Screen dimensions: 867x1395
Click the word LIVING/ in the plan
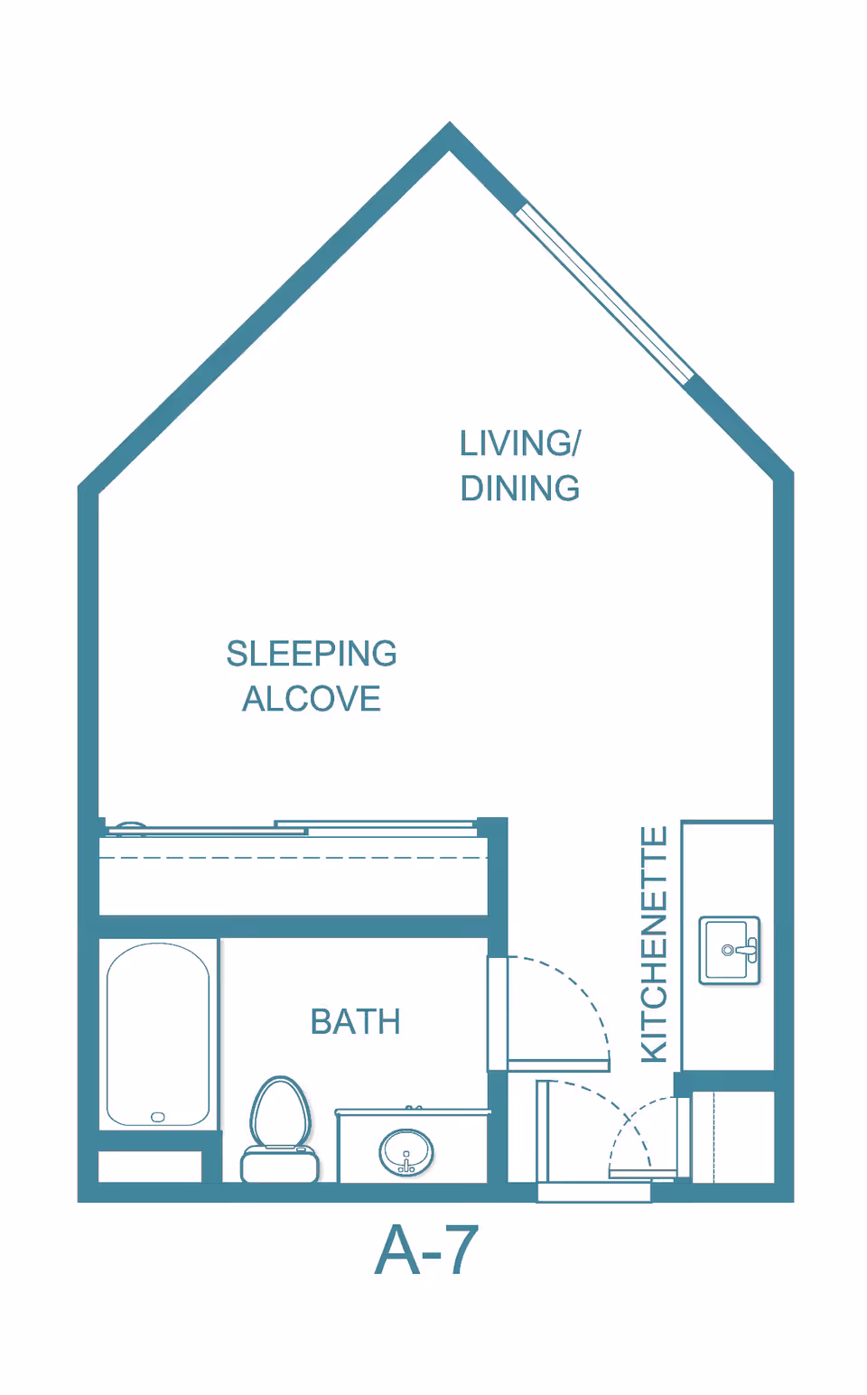point(520,443)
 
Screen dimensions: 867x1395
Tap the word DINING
point(520,488)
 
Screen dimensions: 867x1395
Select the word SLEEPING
point(312,654)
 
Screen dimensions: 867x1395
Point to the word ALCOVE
point(312,699)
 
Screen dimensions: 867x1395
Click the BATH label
point(355,1022)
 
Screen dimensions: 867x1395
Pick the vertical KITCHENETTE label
point(655,944)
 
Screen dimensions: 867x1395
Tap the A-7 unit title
point(426,1250)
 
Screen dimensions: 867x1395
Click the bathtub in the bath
point(158,1035)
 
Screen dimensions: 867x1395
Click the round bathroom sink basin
point(406,1152)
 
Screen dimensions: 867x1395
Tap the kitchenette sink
point(730,951)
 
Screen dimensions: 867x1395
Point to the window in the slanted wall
point(604,292)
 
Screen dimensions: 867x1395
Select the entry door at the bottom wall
point(594,1192)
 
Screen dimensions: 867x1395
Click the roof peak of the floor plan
point(450,123)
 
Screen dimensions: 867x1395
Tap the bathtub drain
point(158,1117)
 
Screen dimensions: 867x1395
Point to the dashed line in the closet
point(294,858)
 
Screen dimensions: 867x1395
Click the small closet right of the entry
point(733,1137)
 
